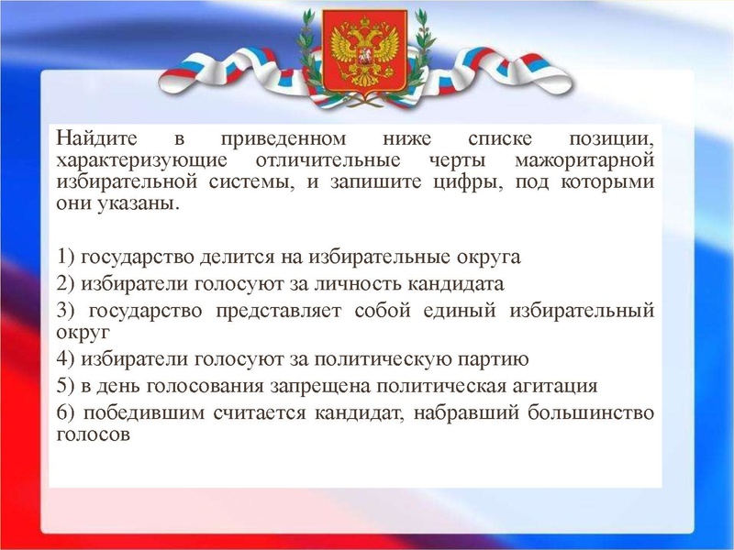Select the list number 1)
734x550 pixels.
pyautogui.click(x=66, y=257)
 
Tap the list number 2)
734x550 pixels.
pyautogui.click(x=66, y=282)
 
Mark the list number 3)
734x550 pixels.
pyautogui.click(x=66, y=309)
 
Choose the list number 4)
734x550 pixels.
pyautogui.click(x=66, y=357)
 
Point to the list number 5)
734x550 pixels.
pyautogui.click(x=66, y=384)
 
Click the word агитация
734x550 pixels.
pyautogui.click(x=552, y=384)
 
